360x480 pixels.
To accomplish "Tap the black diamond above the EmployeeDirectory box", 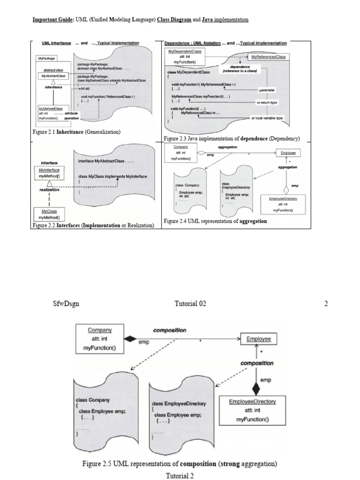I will click(255, 388).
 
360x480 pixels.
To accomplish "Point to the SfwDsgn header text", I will click(66, 303).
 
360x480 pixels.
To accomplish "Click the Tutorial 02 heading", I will click(190, 303).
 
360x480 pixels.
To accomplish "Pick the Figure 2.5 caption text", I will click(180, 465).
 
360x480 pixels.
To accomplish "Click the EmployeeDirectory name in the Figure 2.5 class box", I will click(252, 402).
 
